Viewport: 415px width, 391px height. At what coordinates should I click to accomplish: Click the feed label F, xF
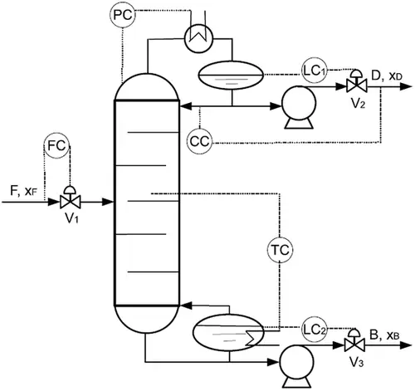pyautogui.click(x=23, y=191)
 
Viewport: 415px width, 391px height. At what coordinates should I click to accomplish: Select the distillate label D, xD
pyautogui.click(x=387, y=76)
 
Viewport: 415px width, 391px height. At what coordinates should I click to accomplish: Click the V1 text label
pyautogui.click(x=71, y=218)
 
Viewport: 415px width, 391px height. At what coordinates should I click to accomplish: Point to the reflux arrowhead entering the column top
pyautogui.click(x=186, y=105)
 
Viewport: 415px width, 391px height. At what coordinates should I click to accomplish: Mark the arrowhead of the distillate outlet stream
pyautogui.click(x=406, y=86)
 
